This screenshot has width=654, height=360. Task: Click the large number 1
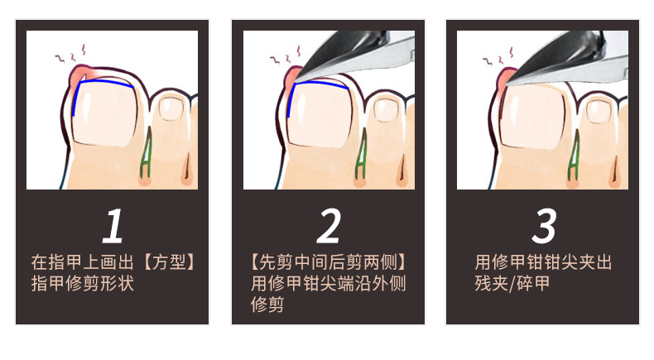click(113, 226)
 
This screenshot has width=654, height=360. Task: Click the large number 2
click(329, 226)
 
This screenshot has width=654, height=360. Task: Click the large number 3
click(544, 226)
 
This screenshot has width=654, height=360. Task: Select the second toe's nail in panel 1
click(171, 108)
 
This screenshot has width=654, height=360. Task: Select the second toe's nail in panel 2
click(386, 110)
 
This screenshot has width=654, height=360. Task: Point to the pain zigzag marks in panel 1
click(71, 54)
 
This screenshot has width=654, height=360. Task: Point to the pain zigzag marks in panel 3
click(499, 57)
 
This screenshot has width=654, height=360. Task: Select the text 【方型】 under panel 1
click(168, 262)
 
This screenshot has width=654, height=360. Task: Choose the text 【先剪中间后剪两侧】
click(329, 262)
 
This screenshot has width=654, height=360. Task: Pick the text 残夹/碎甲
click(512, 284)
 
